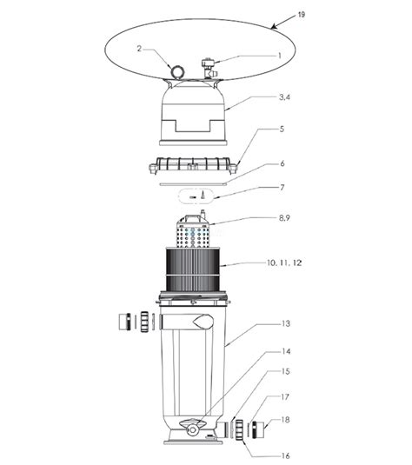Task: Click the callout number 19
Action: tap(301, 15)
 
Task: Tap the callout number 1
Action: tap(279, 56)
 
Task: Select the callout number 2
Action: tap(139, 49)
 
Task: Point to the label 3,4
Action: tap(284, 97)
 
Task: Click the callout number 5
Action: tap(282, 129)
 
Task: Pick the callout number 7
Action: tap(282, 188)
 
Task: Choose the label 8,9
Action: tap(284, 218)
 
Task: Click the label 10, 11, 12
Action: tap(284, 262)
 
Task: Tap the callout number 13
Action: tap(285, 323)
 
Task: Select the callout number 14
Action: tap(286, 351)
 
